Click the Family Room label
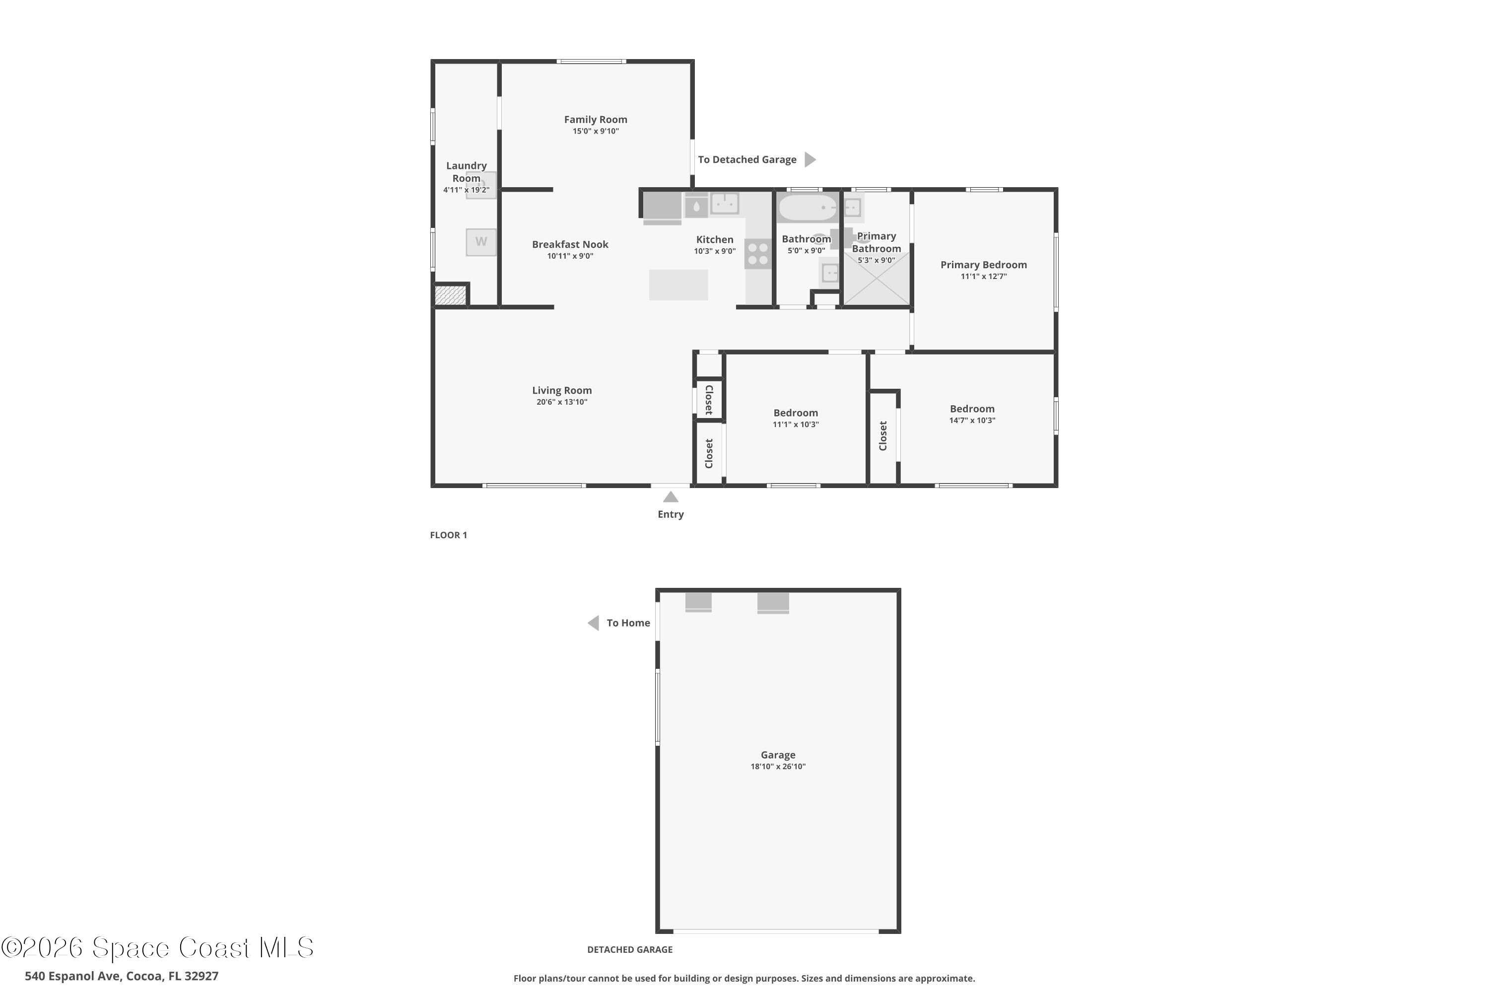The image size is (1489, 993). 595,120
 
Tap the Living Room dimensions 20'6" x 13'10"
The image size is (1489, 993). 561,402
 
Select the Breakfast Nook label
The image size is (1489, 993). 570,244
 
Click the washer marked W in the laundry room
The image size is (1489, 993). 481,242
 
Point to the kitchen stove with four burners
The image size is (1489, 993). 758,254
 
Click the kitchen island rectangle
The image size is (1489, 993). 678,285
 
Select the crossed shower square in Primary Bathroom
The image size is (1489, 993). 876,279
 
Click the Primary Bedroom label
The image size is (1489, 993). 983,265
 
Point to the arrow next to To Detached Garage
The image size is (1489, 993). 810,159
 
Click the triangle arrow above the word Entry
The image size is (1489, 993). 671,497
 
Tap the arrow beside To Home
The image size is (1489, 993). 593,623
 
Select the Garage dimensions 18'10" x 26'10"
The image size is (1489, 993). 778,766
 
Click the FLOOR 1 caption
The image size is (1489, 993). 448,535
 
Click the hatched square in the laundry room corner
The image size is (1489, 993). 450,295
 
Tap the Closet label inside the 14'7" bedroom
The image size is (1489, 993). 883,436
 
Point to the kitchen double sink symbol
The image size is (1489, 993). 725,204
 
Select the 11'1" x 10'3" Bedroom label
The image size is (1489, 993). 795,413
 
